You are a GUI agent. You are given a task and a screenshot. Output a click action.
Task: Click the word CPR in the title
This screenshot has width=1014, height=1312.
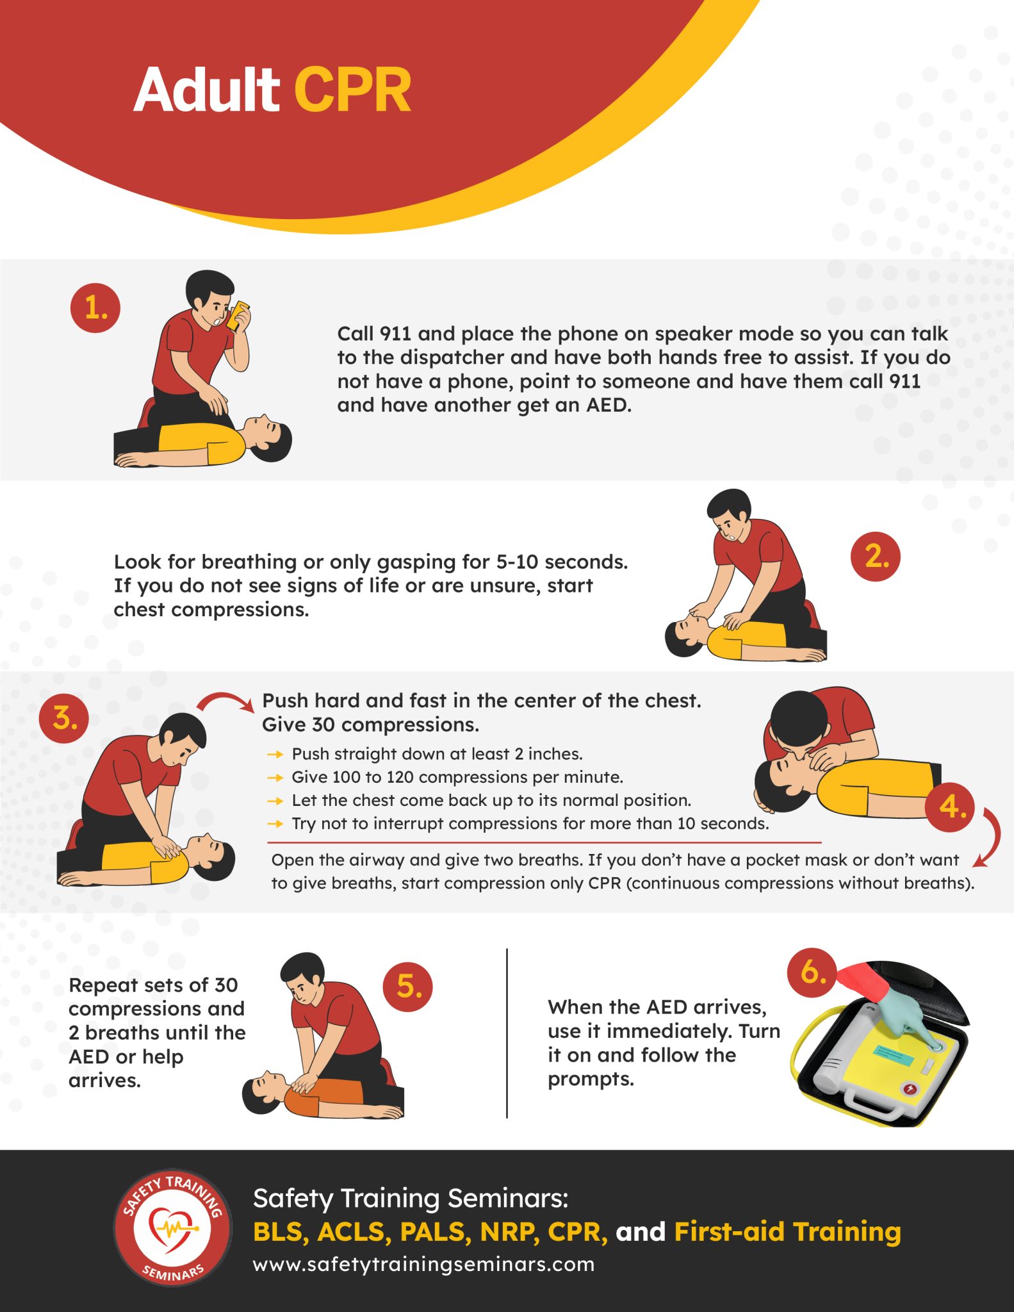352,90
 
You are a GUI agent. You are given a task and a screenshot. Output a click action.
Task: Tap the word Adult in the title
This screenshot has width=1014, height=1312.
206,90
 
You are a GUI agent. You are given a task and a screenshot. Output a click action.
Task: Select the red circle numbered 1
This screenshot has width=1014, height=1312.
95,308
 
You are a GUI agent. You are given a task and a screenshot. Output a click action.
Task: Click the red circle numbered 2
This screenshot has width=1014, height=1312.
875,557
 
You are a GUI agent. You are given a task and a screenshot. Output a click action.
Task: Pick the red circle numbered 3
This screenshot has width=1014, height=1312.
64,717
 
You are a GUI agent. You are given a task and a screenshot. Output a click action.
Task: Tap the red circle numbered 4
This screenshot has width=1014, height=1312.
950,806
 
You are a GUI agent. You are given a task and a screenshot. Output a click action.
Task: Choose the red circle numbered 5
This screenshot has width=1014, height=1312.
408,987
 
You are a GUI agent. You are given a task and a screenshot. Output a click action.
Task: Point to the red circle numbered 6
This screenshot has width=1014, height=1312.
812,972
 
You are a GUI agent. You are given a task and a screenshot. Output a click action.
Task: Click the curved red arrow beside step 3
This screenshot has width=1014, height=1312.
225,701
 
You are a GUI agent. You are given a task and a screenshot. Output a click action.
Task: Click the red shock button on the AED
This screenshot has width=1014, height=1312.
909,1088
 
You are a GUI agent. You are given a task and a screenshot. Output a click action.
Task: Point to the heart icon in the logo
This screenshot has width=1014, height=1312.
170,1227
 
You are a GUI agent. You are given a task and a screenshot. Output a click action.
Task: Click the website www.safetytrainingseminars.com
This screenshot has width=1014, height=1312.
423,1265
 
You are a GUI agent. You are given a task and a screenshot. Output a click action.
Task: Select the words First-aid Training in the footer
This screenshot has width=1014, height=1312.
787,1231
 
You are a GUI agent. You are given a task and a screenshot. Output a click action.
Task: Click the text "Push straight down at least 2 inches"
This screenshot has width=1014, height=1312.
437,754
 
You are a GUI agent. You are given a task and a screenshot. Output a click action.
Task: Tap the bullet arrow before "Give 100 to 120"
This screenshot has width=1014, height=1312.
275,778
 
